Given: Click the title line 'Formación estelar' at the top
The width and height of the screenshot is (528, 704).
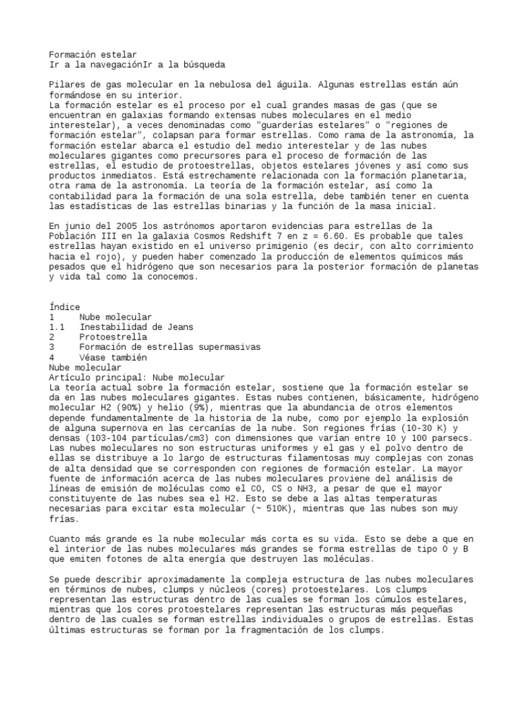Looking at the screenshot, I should tap(93, 54).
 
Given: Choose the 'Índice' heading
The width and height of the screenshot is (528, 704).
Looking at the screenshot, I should tap(65, 307).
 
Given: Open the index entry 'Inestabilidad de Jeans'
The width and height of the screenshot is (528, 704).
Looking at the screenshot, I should tap(136, 327).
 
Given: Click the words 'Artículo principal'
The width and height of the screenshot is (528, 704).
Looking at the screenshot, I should tap(98, 377).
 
